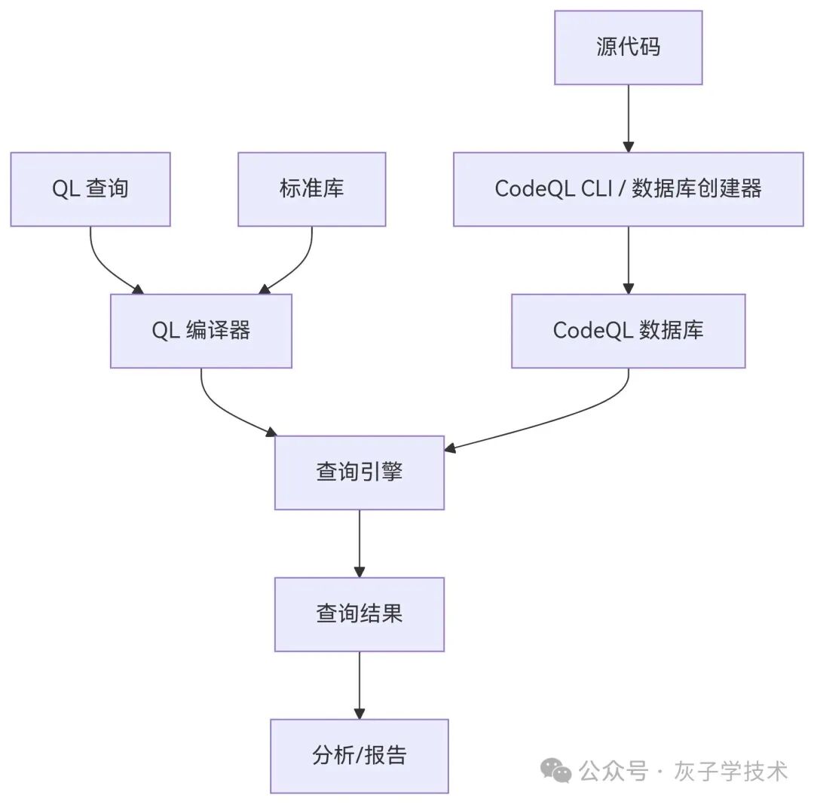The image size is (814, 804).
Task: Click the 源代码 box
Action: (628, 47)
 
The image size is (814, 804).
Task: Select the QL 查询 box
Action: (90, 189)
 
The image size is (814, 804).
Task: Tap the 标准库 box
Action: (311, 189)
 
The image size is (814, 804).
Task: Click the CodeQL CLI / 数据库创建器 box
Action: (628, 189)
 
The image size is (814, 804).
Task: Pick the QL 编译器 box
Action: (201, 331)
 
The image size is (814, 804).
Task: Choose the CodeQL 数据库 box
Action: (628, 331)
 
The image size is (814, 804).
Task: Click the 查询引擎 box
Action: (360, 472)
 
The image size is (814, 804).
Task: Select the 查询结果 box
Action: (360, 614)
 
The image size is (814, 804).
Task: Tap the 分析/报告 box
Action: (360, 756)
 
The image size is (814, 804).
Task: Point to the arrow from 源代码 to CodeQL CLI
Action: (628, 118)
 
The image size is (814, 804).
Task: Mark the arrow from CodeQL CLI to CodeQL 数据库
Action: (628, 260)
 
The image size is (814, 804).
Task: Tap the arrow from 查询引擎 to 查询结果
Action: (360, 543)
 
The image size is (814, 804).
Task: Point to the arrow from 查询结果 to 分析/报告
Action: (360, 685)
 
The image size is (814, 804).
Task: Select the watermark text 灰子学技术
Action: (731, 771)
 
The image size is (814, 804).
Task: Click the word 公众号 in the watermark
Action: (614, 771)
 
